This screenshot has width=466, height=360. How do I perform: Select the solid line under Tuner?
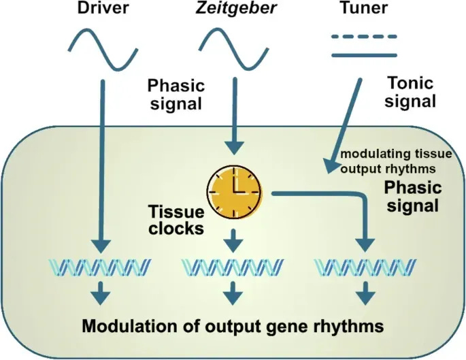(x=364, y=54)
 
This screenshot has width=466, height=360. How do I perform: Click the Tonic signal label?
(x=410, y=93)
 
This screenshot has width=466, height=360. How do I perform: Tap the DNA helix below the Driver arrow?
(x=101, y=267)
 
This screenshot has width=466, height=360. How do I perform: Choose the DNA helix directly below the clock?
(x=233, y=267)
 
